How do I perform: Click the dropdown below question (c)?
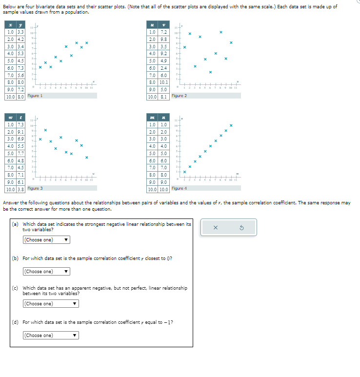[x=51, y=304]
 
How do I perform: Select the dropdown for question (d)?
[x=51, y=336]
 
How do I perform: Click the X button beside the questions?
[x=215, y=227]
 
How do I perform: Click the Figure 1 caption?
[x=35, y=96]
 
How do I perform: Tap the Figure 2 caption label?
[x=179, y=96]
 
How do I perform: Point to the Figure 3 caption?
[x=35, y=188]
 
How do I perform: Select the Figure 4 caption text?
[x=179, y=188]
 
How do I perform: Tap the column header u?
[x=153, y=24]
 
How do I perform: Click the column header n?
[x=164, y=117]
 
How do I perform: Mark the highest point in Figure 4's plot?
[x=231, y=126]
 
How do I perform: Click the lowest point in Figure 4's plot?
[x=184, y=172]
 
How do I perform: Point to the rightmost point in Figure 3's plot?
[x=86, y=158]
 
